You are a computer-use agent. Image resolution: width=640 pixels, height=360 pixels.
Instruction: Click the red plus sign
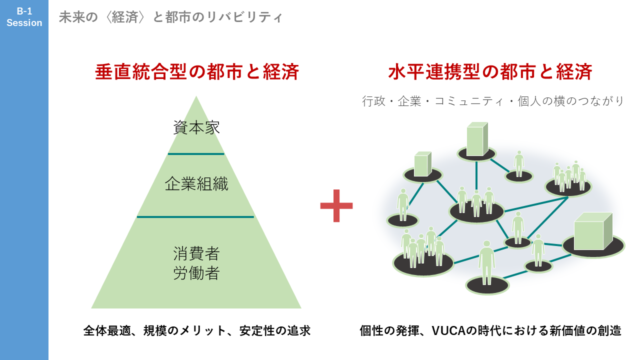(x=336, y=205)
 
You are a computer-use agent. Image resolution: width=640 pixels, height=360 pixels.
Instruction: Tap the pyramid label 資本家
(x=196, y=127)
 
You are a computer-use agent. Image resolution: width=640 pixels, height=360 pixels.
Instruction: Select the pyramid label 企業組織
(x=196, y=184)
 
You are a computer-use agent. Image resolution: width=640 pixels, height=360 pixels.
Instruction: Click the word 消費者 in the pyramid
(x=196, y=253)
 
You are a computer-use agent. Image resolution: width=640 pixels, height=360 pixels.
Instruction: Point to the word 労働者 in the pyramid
(x=196, y=273)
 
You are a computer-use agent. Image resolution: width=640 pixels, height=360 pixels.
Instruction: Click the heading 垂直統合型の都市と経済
(x=197, y=72)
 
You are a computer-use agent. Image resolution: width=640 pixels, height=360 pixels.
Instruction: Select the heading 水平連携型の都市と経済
(x=490, y=72)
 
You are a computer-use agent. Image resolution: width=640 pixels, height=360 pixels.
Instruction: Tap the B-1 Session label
(x=24, y=17)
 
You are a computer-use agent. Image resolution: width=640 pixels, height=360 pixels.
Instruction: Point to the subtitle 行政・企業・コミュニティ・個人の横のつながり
(x=493, y=101)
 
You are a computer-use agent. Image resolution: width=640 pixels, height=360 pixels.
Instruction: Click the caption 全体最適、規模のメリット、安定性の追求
(x=197, y=330)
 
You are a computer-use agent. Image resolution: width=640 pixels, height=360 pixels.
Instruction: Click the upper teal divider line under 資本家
(x=196, y=154)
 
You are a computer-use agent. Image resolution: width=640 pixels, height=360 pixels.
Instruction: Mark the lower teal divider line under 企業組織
(x=195, y=217)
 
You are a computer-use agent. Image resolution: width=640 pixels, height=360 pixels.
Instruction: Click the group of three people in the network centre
(x=475, y=202)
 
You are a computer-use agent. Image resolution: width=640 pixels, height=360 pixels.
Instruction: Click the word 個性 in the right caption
(x=372, y=330)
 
